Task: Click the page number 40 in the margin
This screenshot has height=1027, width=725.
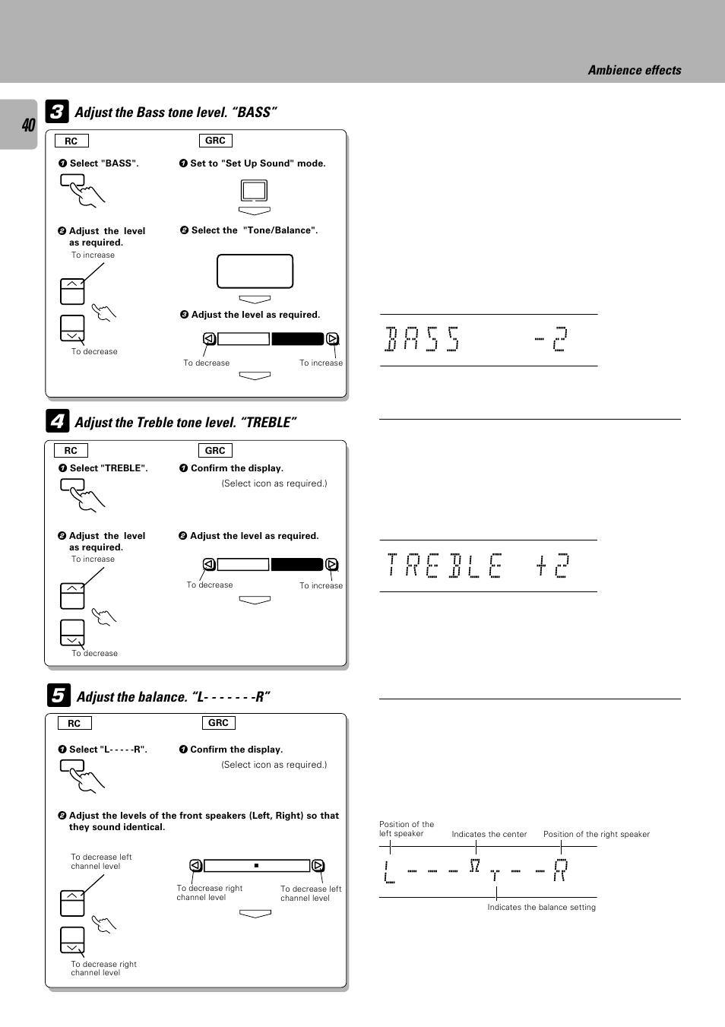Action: coord(28,125)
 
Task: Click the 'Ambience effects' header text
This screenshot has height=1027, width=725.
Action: coord(634,70)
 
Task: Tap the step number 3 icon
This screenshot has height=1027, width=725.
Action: coord(57,112)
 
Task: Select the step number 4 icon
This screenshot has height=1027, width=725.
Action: coord(57,421)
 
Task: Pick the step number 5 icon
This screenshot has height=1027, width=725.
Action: coord(58,695)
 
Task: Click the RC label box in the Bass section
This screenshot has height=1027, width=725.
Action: coord(71,141)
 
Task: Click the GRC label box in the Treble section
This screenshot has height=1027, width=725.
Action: coord(215,450)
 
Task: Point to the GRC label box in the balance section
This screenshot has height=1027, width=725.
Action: coord(218,722)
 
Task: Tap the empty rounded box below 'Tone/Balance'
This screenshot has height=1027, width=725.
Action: coord(255,271)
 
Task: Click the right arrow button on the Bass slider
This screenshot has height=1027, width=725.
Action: coord(332,339)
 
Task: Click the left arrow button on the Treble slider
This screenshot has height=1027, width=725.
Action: coord(209,564)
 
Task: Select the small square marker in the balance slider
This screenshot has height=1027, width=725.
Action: coord(257,865)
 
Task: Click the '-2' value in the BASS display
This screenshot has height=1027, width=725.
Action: coord(552,339)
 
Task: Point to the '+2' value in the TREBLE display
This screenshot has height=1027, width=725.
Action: coord(552,566)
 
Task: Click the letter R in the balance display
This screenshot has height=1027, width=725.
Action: coord(560,870)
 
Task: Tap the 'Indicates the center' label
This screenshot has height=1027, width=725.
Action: coord(489,834)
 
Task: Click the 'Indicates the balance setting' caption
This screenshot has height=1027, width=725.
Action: coord(541,907)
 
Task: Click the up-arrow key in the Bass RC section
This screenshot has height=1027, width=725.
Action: coord(72,291)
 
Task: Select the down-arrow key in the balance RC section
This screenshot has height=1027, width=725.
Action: coord(72,940)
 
